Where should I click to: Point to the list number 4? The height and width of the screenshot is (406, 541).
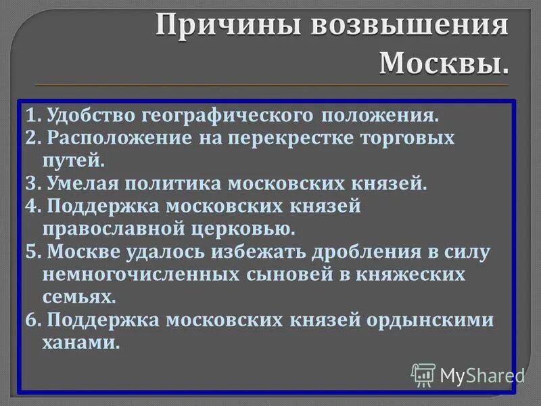[x=30, y=206]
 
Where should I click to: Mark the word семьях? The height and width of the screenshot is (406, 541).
[x=79, y=298]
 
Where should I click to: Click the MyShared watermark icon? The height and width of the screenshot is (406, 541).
[x=423, y=374]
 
